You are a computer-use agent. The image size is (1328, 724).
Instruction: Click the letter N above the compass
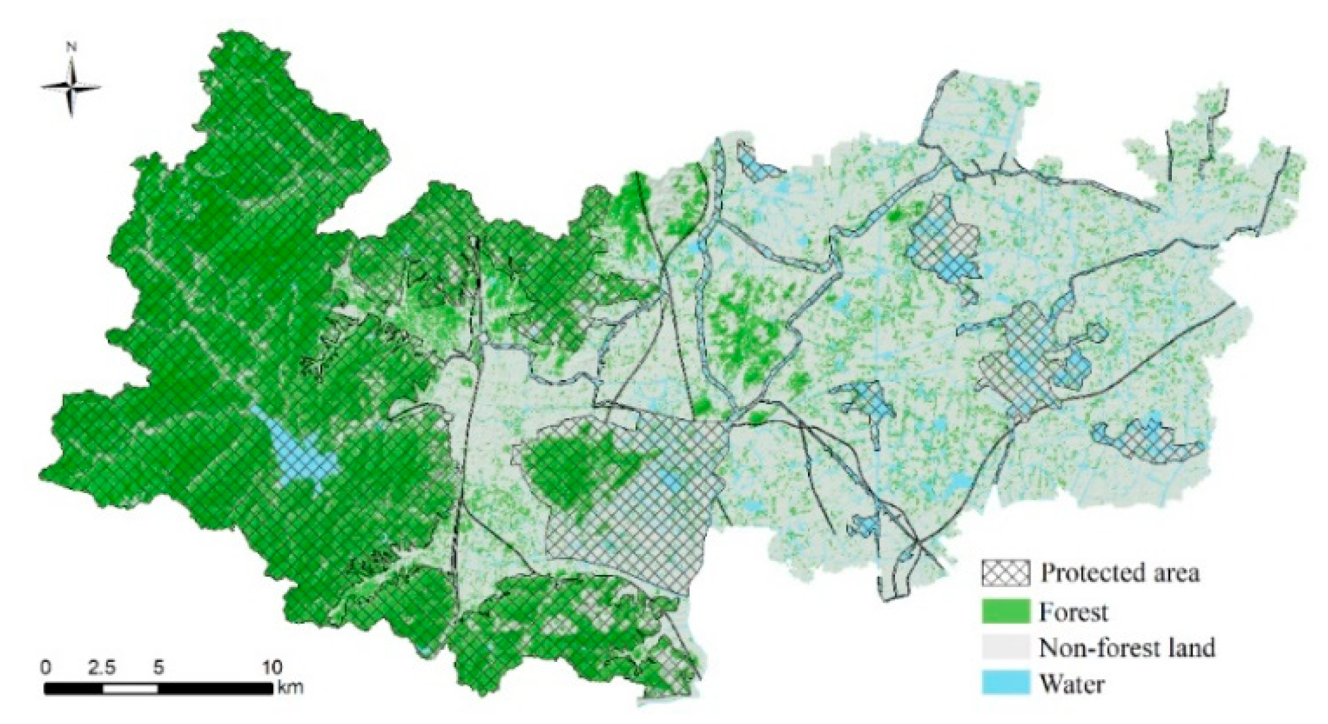pyautogui.click(x=72, y=47)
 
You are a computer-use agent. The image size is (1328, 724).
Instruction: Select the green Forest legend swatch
pyautogui.click(x=1006, y=611)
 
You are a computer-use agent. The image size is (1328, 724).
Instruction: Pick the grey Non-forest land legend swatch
pyautogui.click(x=1006, y=647)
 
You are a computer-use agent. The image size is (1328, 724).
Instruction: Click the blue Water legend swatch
pyautogui.click(x=1006, y=683)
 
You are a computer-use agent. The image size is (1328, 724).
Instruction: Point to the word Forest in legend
pyautogui.click(x=1073, y=612)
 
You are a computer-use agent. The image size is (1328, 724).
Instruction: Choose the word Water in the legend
pyautogui.click(x=1071, y=684)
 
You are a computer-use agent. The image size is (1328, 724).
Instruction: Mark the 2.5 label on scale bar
pyautogui.click(x=102, y=667)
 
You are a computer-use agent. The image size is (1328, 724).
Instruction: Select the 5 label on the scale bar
pyautogui.click(x=158, y=667)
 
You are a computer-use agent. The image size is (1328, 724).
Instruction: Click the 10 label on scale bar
pyautogui.click(x=272, y=667)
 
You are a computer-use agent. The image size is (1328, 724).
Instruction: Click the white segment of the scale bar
pyautogui.click(x=130, y=689)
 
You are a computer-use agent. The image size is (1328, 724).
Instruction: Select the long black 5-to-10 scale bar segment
pyautogui.click(x=215, y=689)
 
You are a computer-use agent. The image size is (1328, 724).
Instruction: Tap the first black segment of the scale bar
pyautogui.click(x=74, y=689)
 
